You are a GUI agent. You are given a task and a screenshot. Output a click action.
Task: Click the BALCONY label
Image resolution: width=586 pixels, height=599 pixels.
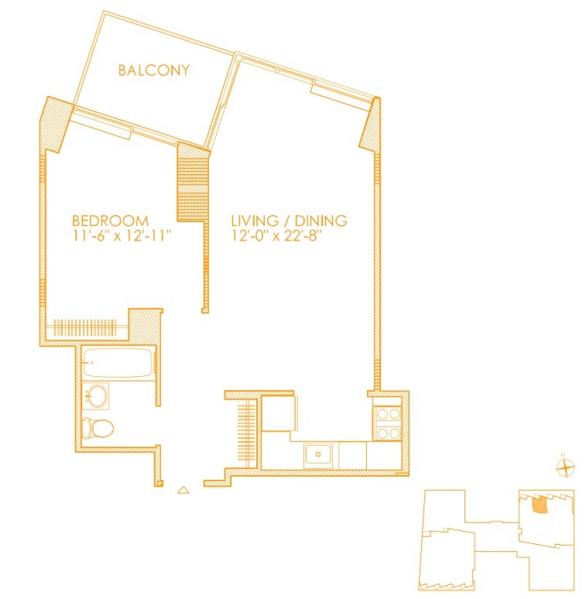154,70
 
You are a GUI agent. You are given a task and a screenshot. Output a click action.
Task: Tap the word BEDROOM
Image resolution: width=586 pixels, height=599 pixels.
110,221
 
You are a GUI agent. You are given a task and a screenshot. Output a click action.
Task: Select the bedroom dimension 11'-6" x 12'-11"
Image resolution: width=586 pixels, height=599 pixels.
121,236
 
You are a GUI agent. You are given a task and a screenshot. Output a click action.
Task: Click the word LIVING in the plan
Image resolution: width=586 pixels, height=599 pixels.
255,221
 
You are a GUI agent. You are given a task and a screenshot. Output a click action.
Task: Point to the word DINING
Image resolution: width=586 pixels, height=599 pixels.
321,221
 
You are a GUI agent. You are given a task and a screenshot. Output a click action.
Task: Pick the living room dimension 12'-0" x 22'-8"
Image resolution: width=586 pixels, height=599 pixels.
277,236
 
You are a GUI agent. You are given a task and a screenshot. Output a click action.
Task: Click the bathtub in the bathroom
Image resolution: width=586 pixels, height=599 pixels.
118,363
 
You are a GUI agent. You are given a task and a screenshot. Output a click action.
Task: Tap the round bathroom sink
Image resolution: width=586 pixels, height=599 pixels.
96,395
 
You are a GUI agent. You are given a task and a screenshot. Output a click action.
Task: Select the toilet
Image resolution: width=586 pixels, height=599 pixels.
98,428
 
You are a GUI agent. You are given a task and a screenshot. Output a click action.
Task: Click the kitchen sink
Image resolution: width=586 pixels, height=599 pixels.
318,454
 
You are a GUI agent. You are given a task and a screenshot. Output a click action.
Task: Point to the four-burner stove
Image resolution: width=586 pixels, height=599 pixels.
387,423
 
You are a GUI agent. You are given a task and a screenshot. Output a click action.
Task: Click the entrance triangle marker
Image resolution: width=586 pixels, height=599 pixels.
183,490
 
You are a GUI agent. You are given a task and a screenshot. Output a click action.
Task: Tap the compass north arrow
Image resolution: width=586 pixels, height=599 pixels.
565,467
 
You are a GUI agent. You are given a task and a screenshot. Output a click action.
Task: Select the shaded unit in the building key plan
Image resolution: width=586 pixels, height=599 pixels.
540,505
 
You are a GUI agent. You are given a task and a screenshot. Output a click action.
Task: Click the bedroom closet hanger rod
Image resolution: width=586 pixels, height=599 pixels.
86,327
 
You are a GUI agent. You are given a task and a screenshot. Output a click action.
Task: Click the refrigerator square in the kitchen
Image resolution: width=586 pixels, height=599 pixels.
279,414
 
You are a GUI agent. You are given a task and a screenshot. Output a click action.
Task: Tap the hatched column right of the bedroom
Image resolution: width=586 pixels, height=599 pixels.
193,183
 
